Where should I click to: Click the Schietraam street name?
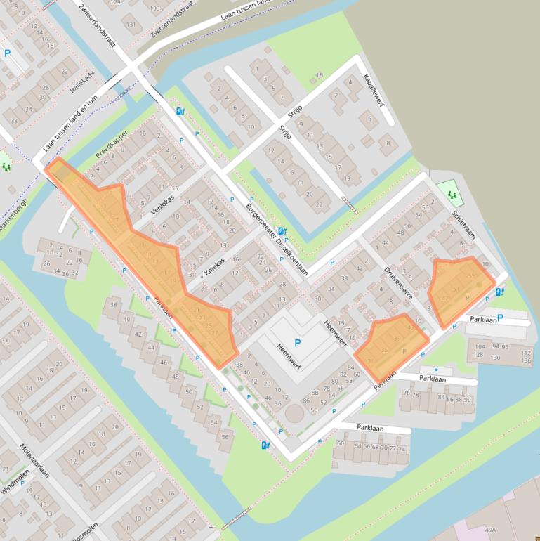pyautogui.click(x=464, y=223)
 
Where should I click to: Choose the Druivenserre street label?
pyautogui.click(x=397, y=282)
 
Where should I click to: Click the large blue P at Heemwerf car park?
pyautogui.click(x=297, y=344)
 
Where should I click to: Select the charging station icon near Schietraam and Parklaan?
pyautogui.click(x=499, y=292)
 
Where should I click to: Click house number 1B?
pyautogui.click(x=319, y=74)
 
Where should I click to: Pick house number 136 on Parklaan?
pyautogui.click(x=527, y=360)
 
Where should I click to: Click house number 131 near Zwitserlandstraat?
pyautogui.click(x=130, y=25)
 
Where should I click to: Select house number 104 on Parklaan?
pyautogui.click(x=480, y=347)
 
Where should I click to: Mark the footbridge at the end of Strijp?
pyautogui.click(x=349, y=205)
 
